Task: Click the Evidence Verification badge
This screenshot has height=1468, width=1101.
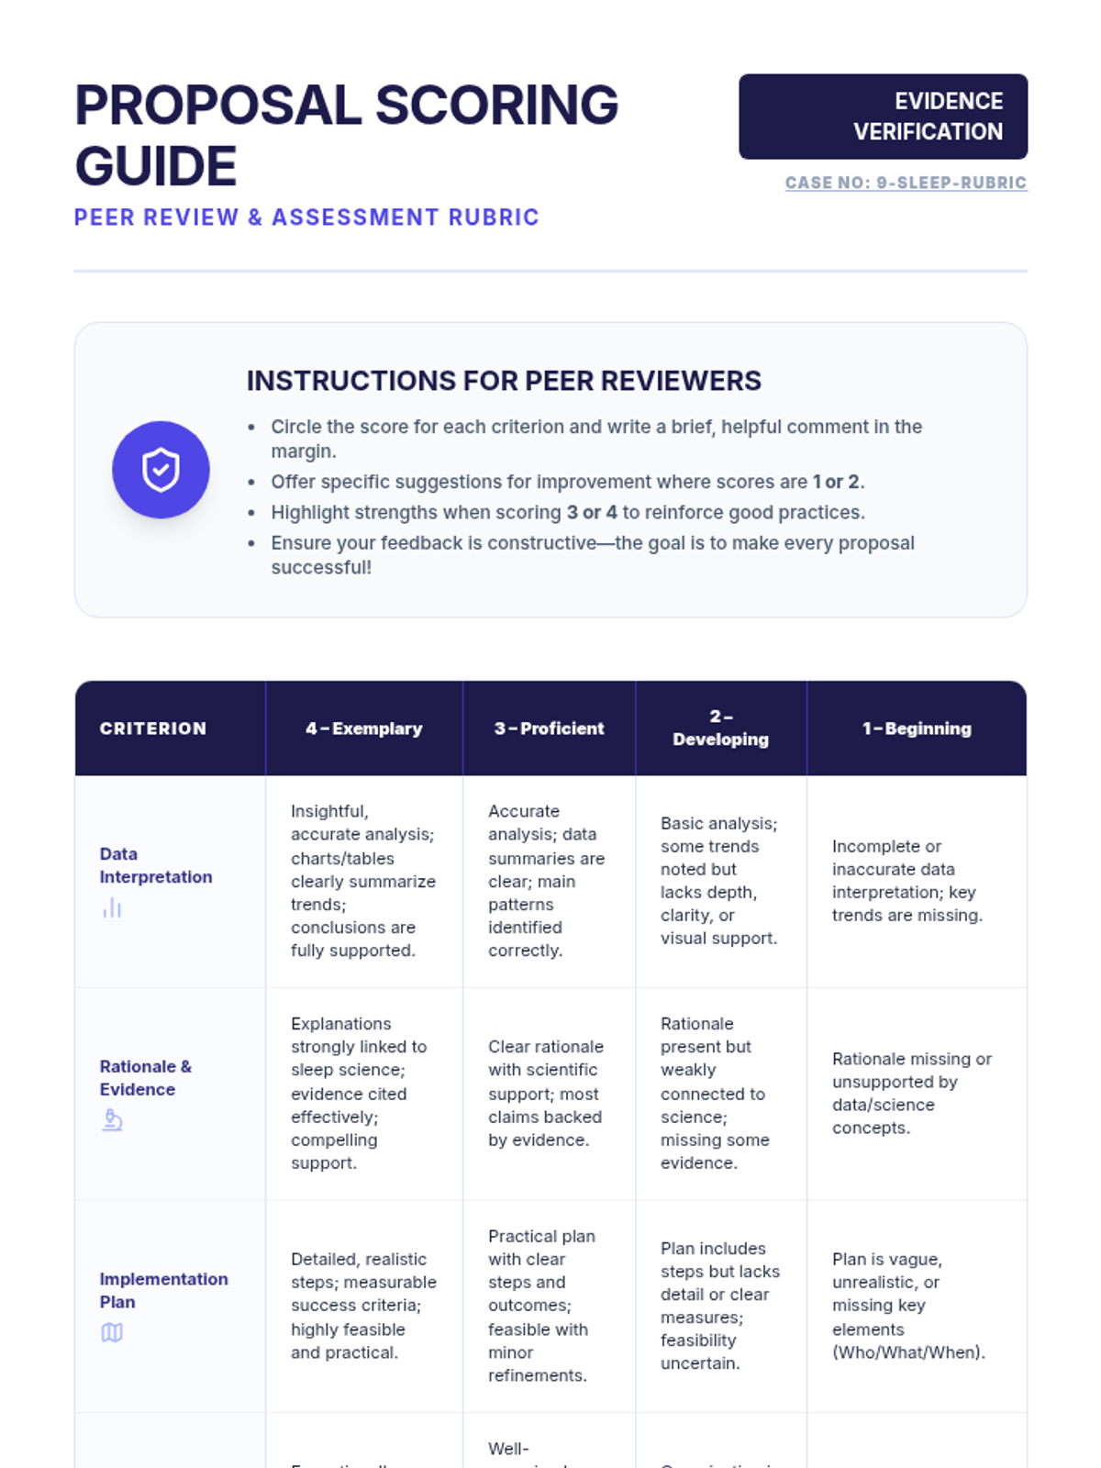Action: click(x=883, y=117)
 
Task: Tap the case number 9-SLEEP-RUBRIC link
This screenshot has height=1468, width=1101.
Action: click(x=906, y=183)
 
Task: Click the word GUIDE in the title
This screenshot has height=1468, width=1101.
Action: click(x=156, y=166)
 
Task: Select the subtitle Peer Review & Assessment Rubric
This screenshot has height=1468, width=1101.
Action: click(x=306, y=217)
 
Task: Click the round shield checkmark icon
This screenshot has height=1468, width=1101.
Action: click(x=161, y=470)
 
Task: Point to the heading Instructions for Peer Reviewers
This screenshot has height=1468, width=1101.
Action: click(x=504, y=381)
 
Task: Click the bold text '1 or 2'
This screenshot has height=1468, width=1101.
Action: click(x=837, y=482)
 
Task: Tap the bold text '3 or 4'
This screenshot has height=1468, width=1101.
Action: click(x=592, y=512)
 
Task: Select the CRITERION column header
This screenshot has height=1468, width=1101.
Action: click(x=153, y=728)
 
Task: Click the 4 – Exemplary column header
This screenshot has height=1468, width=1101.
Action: click(x=364, y=728)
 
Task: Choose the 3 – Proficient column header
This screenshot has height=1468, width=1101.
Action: click(x=549, y=728)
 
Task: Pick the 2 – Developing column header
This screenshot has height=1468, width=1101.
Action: click(x=720, y=728)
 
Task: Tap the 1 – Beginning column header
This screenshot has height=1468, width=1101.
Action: click(x=917, y=728)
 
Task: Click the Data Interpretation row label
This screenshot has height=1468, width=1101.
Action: click(x=155, y=865)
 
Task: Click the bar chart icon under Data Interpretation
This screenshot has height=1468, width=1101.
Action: click(x=112, y=907)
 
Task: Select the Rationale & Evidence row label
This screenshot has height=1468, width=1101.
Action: click(x=145, y=1078)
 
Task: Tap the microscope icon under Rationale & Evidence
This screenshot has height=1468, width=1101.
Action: click(x=112, y=1120)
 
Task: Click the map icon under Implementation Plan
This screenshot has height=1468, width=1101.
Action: click(x=112, y=1332)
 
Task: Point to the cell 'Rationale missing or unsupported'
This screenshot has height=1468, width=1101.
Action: click(x=911, y=1093)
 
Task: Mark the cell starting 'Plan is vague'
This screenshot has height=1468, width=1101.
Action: click(x=908, y=1306)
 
